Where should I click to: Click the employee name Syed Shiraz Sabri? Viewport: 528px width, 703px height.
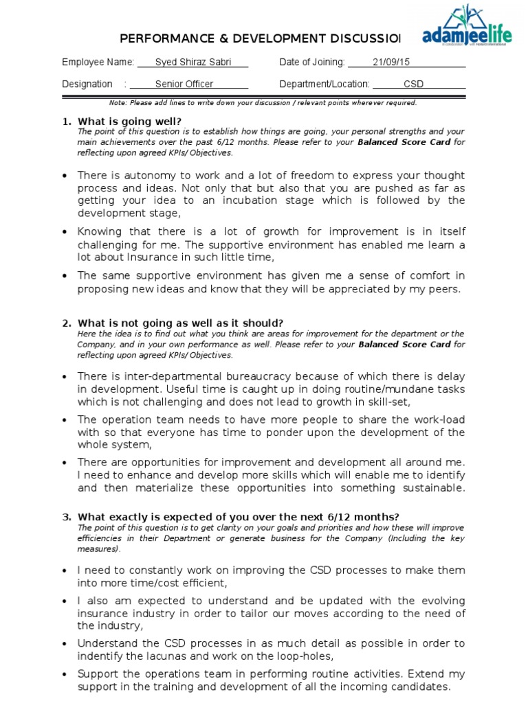click(192, 62)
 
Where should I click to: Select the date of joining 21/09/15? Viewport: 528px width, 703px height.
click(390, 62)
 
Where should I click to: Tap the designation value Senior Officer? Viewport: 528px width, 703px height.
click(184, 84)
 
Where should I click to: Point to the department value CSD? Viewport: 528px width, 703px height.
click(413, 84)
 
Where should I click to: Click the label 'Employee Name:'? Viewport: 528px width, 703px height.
click(98, 62)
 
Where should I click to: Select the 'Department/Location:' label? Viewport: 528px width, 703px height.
click(324, 84)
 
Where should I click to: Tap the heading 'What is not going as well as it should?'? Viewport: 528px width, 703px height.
click(180, 323)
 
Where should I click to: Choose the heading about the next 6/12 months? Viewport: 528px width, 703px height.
click(238, 517)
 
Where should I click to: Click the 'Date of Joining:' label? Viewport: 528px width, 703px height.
click(312, 62)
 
